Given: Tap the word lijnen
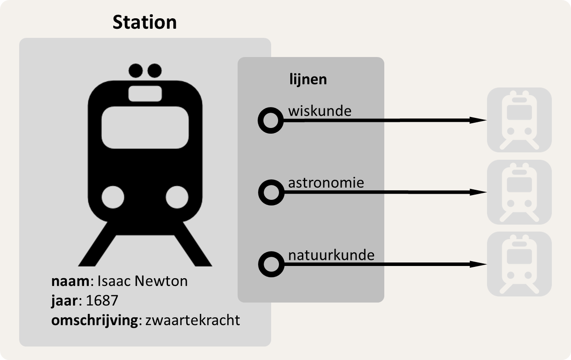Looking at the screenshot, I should coord(308,79).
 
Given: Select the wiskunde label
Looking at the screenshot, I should coord(319,111).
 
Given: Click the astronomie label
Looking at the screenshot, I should coord(326,182).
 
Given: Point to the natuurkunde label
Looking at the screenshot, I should coord(331,254).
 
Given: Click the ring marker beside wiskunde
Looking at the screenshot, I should coord(271,121).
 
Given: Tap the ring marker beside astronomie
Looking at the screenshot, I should coord(271,192).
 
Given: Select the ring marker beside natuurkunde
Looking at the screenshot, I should coord(271,264).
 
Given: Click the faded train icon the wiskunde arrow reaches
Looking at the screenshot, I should coord(519,120).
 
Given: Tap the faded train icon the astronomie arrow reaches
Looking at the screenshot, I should coord(519,192).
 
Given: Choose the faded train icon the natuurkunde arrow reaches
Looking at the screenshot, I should coord(519,264).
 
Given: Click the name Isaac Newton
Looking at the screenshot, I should coord(143,281).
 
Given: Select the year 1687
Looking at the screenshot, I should coord(103,301).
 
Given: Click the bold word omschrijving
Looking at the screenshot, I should coord(94,321).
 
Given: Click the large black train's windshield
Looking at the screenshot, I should coord(145,127).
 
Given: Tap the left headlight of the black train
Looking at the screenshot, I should coord(113,197).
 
